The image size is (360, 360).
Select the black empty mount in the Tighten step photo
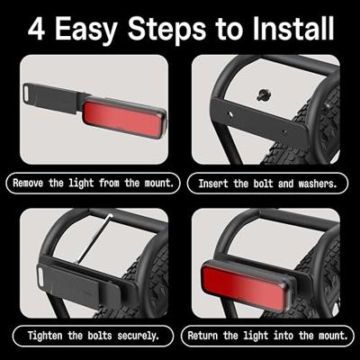coord(85,283)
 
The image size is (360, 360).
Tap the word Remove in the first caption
coord(34,184)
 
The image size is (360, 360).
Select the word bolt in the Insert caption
coord(259,184)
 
